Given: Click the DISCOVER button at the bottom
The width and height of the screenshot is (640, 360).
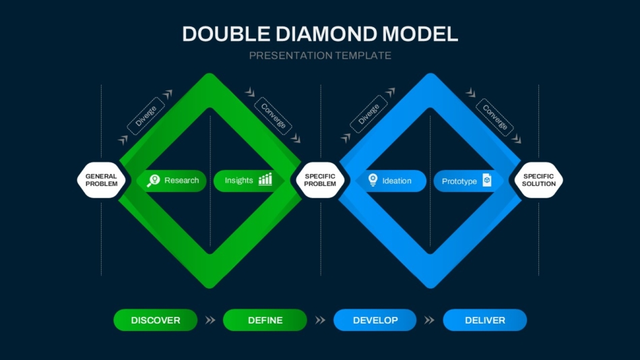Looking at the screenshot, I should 156,320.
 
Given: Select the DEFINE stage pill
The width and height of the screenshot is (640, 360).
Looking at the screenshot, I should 265,320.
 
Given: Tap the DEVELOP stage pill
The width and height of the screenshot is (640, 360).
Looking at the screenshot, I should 375,320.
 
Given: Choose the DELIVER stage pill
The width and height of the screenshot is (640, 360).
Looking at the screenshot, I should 484,320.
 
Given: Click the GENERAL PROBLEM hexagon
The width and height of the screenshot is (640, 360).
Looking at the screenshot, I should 101,180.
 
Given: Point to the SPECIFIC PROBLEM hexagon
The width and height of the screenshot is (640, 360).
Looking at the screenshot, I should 320,180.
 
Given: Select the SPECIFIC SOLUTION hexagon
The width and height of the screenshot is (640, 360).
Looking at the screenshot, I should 539,180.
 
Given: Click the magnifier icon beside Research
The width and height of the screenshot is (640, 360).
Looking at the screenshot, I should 154,180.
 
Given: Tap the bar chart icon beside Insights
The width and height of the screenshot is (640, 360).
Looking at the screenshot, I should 265,179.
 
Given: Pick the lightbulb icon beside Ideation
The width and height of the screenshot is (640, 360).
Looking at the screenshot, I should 373,180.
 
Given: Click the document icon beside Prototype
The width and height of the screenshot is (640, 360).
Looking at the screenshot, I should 486,180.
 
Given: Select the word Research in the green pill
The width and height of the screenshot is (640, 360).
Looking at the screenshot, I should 182,181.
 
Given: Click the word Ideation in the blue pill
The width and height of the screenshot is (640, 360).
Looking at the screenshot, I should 397,181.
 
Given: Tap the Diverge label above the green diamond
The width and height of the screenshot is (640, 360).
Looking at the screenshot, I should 146,115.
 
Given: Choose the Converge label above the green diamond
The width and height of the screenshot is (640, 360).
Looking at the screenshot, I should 273,116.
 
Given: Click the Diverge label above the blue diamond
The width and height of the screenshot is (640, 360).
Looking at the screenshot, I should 369,114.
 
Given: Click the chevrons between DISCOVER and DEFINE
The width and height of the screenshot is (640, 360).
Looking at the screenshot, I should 210,320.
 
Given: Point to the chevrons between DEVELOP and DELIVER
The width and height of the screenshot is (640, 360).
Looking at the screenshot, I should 429,320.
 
